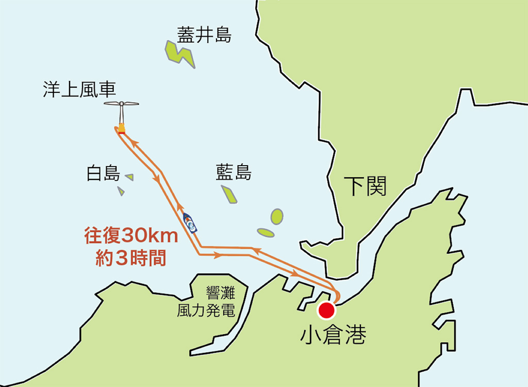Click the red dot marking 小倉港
[326, 311]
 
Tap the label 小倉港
[333, 335]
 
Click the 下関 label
[365, 186]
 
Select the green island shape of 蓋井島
[179, 53]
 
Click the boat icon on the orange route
[190, 223]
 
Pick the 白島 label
[103, 174]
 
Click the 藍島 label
[234, 173]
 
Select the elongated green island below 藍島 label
[229, 194]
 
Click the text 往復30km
[131, 236]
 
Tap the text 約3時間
[131, 258]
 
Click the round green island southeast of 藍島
[277, 216]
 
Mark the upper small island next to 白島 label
[129, 177]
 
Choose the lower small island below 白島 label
[121, 191]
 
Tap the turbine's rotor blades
[121, 104]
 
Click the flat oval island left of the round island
[266, 233]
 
